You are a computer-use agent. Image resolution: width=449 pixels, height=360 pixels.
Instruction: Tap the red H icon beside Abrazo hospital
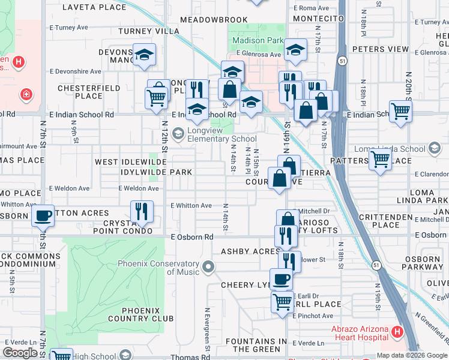(x=397, y=331)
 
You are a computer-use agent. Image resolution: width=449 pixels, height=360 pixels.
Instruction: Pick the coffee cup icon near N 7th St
(x=43, y=215)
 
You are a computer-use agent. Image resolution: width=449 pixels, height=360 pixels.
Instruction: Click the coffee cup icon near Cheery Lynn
(x=281, y=278)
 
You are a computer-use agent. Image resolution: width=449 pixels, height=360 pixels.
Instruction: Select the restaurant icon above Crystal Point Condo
(x=142, y=210)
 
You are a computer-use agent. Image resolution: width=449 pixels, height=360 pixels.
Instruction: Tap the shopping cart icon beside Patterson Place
(x=379, y=159)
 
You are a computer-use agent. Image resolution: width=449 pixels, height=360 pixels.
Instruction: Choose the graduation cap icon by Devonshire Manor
(x=144, y=55)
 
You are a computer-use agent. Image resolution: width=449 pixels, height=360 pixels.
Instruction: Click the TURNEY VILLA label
(x=149, y=31)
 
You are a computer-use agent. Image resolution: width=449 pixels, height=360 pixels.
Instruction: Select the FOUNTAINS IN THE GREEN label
(x=256, y=345)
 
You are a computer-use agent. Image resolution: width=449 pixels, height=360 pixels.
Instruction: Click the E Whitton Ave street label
(x=191, y=205)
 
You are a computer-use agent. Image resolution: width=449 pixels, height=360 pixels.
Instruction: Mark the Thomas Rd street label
(x=190, y=357)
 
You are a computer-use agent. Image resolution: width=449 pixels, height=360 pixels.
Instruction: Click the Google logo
(x=20, y=353)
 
